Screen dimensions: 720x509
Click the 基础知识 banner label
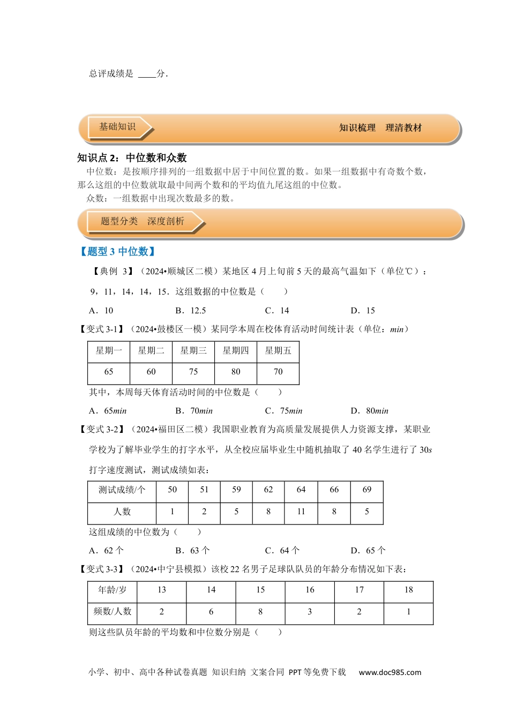pos(117,127)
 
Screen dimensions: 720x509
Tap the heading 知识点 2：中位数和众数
pos(132,157)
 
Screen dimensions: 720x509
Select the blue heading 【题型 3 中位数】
pos(117,251)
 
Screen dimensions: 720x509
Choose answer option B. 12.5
pos(191,311)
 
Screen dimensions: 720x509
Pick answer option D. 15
pos(363,311)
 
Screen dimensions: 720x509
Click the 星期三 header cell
pos(193,351)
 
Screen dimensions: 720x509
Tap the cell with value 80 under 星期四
pos(236,372)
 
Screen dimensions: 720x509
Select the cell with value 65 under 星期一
pos(109,372)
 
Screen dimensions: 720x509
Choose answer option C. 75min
pos(283,411)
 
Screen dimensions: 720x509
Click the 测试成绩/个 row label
pos(122,490)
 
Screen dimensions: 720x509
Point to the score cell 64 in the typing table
pos(301,490)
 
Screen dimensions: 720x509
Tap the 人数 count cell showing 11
pos(301,512)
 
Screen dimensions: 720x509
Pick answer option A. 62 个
pos(106,551)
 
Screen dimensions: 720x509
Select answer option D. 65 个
pos(368,551)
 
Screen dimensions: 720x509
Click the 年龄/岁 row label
pos(113,590)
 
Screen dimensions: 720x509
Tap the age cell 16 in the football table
pos(310,590)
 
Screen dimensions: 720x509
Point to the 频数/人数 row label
pos(113,611)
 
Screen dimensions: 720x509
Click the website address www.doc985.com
pos(390,672)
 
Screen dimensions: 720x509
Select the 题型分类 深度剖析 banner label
pos(143,221)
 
